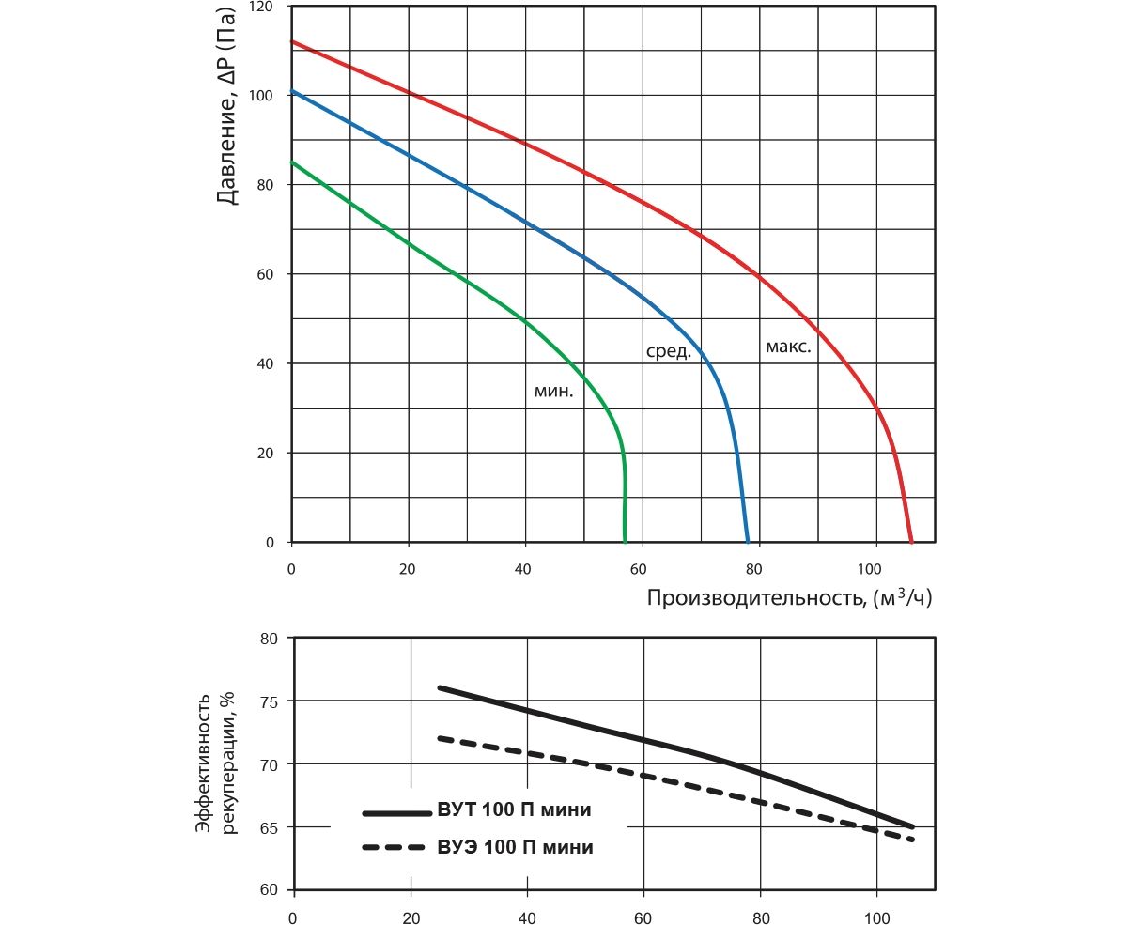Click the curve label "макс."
click(x=787, y=347)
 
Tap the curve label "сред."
click(x=668, y=353)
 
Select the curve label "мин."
click(x=553, y=393)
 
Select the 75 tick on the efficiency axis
click(x=268, y=701)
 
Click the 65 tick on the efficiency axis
click(x=268, y=827)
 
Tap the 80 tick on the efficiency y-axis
click(x=268, y=639)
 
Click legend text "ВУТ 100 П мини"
click(x=514, y=810)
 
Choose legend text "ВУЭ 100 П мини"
click(x=515, y=847)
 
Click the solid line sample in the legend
click(x=395, y=811)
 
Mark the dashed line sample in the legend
click(x=395, y=847)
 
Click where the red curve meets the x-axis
click(x=910, y=542)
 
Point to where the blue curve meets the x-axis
click(x=748, y=542)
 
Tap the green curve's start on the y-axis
click(x=293, y=162)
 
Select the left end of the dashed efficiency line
click(x=440, y=738)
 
